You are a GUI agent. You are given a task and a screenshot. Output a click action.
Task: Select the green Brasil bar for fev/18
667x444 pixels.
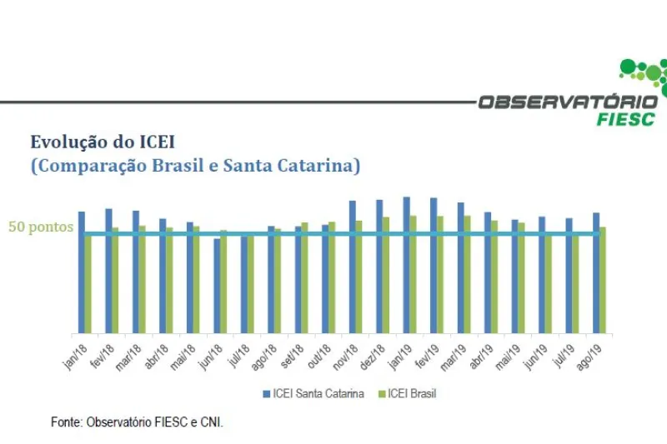point(115,281)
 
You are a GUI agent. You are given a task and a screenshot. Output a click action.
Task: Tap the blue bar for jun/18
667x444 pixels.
point(217,286)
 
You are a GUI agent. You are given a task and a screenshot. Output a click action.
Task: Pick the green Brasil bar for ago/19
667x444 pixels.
point(602,280)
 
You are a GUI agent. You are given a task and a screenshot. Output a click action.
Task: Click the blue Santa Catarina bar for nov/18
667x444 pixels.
point(353,267)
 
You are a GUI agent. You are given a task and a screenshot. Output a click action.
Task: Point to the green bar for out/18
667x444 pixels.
point(332,277)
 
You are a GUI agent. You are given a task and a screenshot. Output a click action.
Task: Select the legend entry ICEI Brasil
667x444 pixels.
point(411,393)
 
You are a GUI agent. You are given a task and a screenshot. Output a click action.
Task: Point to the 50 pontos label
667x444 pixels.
point(41,227)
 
